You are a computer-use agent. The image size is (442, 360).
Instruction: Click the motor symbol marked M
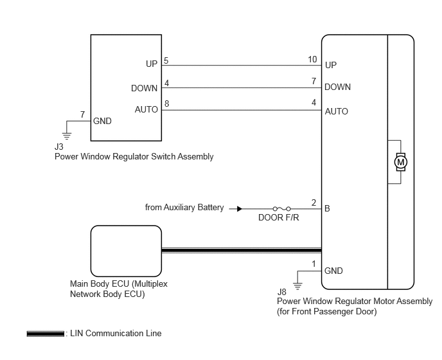coord(401,162)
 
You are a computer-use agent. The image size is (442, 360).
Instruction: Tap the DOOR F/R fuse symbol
coord(281,209)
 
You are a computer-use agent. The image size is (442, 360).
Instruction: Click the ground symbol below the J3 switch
coord(67,136)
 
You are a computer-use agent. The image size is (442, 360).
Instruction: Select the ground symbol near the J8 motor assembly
coord(297,286)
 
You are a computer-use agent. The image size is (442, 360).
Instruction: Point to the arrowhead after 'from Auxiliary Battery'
coord(240,209)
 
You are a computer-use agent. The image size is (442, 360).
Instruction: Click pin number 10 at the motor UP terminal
coord(312,59)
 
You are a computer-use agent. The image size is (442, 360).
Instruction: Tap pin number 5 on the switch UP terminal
coord(166,60)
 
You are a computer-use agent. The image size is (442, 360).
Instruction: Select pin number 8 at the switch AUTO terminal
coord(167,104)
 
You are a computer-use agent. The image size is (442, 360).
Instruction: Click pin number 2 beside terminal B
coord(314,203)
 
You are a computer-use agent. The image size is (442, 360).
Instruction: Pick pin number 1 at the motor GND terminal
coord(314,264)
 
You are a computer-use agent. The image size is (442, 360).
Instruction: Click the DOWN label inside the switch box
coord(145,88)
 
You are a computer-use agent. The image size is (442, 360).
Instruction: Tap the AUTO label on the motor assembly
coord(337,111)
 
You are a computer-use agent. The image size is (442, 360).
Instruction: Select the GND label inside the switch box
coord(102,121)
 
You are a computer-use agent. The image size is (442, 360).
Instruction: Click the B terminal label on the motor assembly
coord(327,208)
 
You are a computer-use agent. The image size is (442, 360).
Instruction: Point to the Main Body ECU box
coord(126,251)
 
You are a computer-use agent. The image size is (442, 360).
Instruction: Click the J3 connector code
coord(59,147)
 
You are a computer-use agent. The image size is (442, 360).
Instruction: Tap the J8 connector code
coord(281,292)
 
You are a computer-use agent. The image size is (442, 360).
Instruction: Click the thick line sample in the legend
coord(46,334)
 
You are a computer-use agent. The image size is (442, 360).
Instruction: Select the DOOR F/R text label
coord(279,217)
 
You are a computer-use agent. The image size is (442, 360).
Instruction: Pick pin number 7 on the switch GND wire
coord(82,114)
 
